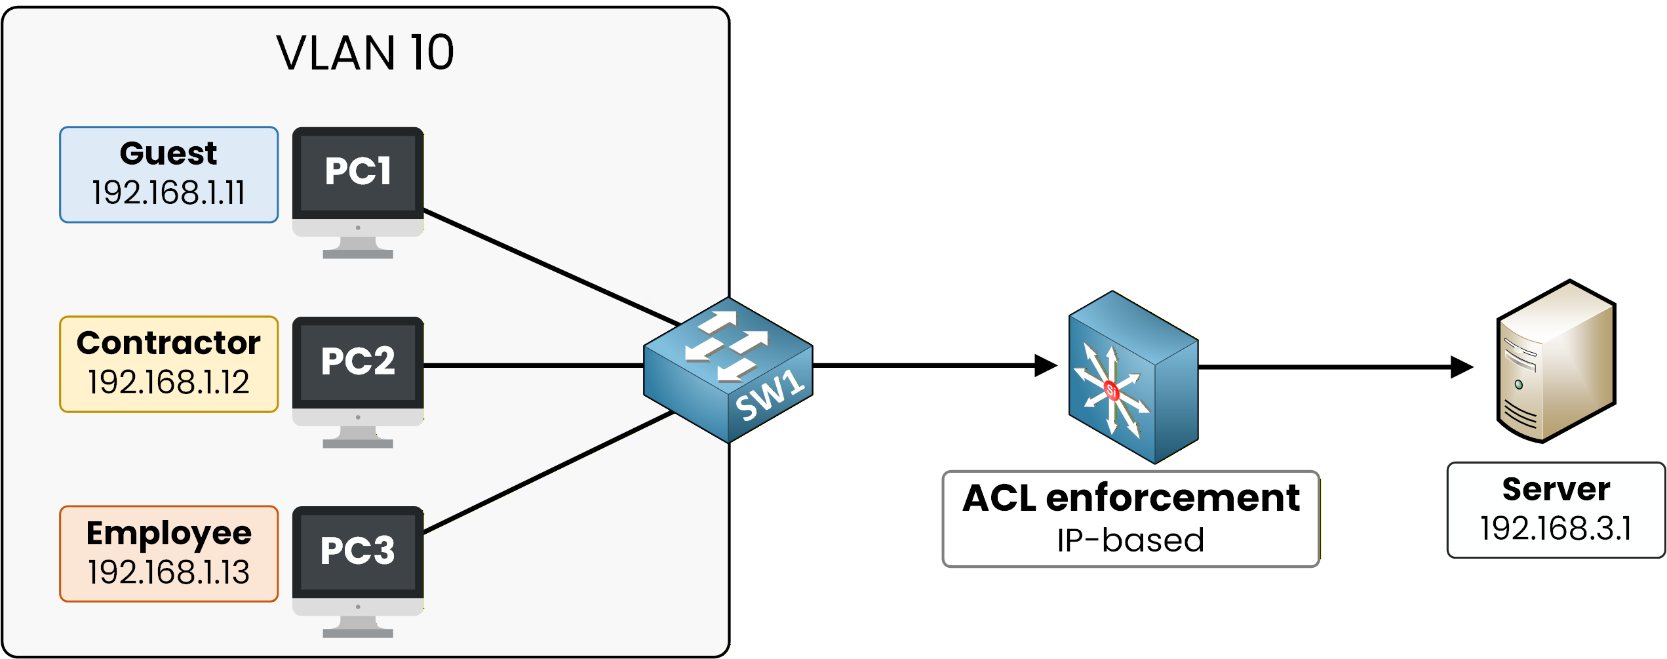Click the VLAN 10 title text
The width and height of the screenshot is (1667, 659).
pyautogui.click(x=365, y=53)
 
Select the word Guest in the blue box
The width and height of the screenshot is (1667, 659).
pyautogui.click(x=168, y=154)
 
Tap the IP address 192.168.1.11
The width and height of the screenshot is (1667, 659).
pyautogui.click(x=168, y=193)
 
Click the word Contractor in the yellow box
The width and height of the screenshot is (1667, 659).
pyautogui.click(x=168, y=343)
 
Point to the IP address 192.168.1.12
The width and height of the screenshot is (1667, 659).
pyautogui.click(x=168, y=382)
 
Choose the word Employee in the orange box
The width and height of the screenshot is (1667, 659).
pyautogui.click(x=168, y=533)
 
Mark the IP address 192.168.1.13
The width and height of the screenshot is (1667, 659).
pyautogui.click(x=168, y=572)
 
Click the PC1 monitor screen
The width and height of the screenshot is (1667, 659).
pyautogui.click(x=358, y=172)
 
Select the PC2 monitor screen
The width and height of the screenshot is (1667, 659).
pyautogui.click(x=358, y=362)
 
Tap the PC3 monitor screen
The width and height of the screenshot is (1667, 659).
pyautogui.click(x=358, y=551)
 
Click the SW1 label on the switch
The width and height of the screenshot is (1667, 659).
pyautogui.click(x=770, y=395)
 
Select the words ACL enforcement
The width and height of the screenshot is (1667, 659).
pyautogui.click(x=1131, y=498)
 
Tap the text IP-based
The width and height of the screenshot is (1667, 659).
pyautogui.click(x=1131, y=541)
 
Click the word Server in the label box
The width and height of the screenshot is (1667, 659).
pyautogui.click(x=1556, y=489)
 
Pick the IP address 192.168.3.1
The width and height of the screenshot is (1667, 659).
pyautogui.click(x=1556, y=529)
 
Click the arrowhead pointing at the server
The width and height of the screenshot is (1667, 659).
pyautogui.click(x=1462, y=367)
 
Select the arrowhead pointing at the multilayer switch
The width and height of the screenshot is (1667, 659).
pyautogui.click(x=1046, y=365)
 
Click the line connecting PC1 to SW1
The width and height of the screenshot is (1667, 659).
pyautogui.click(x=551, y=267)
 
